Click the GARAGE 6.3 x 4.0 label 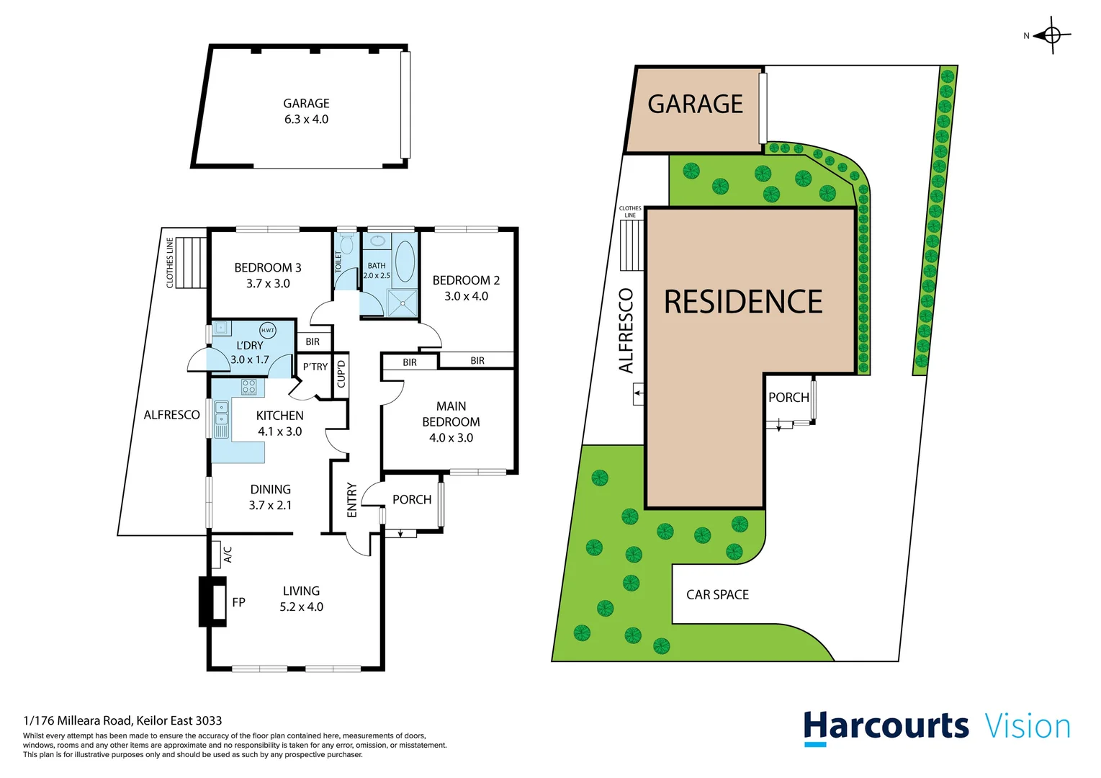(306, 112)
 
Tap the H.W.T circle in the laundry (268, 330)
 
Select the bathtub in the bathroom (405, 261)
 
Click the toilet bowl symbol (346, 245)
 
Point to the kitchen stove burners (248, 387)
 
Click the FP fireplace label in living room (238, 602)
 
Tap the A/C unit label (228, 554)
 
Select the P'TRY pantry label (315, 367)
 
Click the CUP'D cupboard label (341, 371)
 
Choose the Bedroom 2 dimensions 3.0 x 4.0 (466, 296)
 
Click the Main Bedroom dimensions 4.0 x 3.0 (451, 437)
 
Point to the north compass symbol (1051, 35)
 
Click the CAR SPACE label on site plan (717, 594)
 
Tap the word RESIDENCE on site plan (743, 302)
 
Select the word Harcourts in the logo (886, 726)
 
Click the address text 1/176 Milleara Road (122, 720)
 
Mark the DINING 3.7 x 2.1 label (270, 497)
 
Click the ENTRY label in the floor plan (352, 499)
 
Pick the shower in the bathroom (402, 303)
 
